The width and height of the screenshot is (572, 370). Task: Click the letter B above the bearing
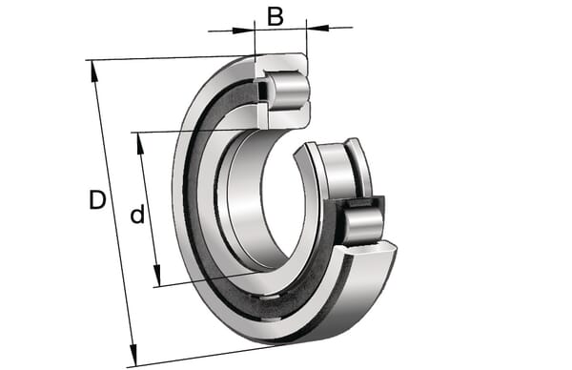tap(276, 16)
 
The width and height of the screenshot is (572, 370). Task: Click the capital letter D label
tap(97, 199)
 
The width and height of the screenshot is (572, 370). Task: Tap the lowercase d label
tap(137, 215)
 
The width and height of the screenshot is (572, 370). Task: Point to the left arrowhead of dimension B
tap(243, 31)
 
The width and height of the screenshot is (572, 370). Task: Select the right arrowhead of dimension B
tap(317, 28)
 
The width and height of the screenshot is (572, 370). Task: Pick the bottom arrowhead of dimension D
tap(133, 355)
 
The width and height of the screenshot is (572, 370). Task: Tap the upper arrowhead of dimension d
tap(140, 144)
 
